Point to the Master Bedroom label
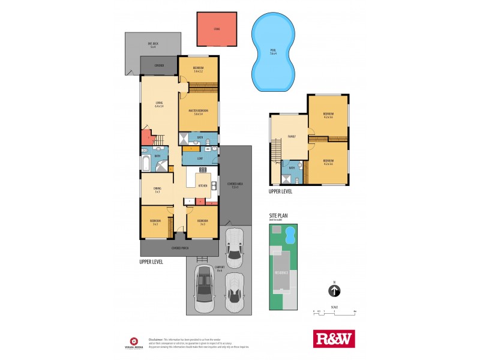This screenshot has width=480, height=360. coord(199,112)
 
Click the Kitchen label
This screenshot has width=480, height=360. coord(203,186)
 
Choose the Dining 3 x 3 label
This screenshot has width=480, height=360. coord(156,190)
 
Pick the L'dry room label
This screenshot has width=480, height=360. coord(199,158)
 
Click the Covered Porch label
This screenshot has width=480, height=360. coord(181,248)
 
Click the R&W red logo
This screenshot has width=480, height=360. coord(334,338)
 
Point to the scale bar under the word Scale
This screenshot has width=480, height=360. coord(334,312)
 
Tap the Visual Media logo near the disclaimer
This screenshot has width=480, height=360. coord(133,340)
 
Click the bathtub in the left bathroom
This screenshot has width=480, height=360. coord(147,163)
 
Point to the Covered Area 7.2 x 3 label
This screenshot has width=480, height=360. coord(232,185)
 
